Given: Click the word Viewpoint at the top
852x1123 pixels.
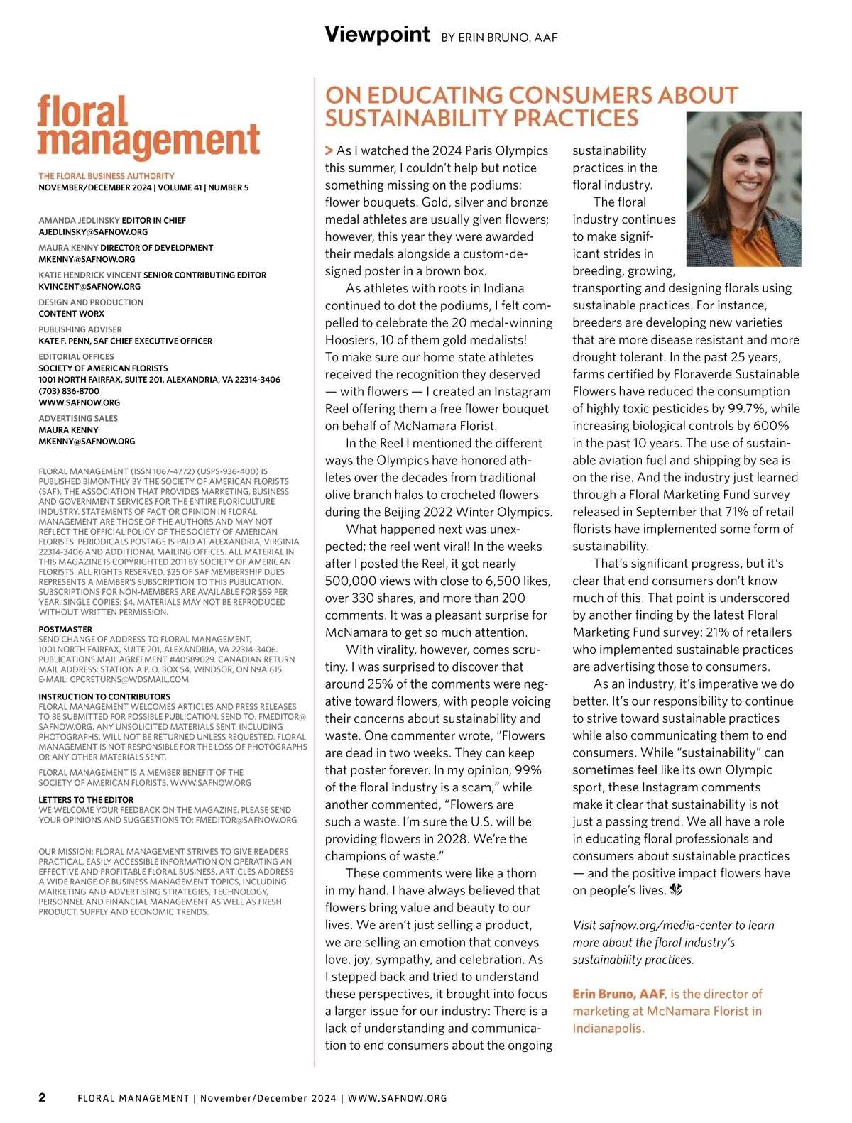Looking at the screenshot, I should tap(377, 34).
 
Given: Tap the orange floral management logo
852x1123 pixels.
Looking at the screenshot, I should tap(148, 126).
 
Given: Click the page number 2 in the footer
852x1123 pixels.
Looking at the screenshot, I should tap(42, 1097).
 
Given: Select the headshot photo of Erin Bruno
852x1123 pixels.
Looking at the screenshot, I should tap(743, 189).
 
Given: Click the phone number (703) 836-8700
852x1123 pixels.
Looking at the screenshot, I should tap(69, 391).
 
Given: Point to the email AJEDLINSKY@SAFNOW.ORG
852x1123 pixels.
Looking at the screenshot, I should tap(93, 232).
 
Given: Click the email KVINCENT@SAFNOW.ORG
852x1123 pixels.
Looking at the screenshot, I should tap(89, 287).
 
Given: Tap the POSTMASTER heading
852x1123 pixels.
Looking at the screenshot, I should tap(65, 629).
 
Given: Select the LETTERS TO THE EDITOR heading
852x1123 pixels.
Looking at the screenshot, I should tap(86, 800).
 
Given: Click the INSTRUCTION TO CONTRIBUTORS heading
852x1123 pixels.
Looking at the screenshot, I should tap(104, 697).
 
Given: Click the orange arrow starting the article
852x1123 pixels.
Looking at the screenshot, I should tap(329, 150).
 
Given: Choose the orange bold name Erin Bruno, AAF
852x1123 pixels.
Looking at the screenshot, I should tap(618, 994).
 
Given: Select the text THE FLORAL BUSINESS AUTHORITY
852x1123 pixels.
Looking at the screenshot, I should tap(106, 176).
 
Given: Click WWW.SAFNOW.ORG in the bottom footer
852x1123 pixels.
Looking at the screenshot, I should tap(398, 1098).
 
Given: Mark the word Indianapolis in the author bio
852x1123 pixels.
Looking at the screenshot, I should tap(608, 1029).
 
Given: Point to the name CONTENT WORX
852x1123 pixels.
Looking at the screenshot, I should tap(71, 314).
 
